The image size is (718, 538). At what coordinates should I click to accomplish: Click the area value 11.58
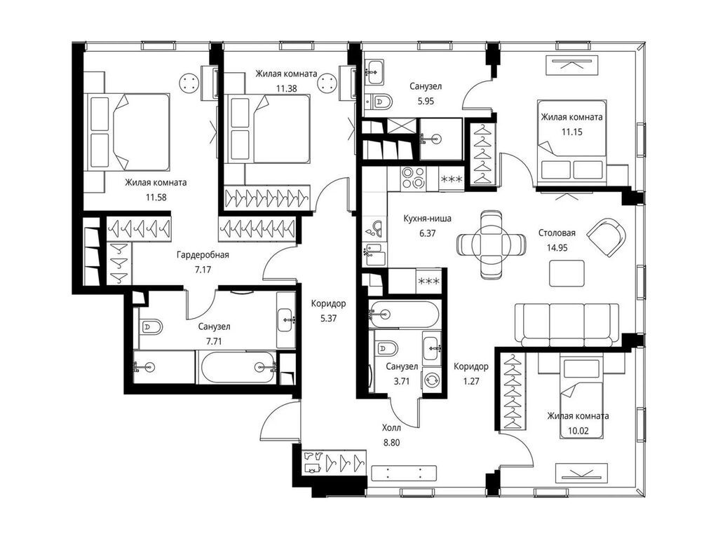pyautogui.click(x=156, y=198)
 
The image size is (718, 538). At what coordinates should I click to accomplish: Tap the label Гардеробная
pyautogui.click(x=203, y=255)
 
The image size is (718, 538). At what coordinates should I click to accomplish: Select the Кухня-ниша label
pyautogui.click(x=427, y=219)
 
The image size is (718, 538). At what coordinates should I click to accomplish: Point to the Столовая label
pyautogui.click(x=557, y=233)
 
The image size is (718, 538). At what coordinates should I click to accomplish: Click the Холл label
pyautogui.click(x=391, y=428)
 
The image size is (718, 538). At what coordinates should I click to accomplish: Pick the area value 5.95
pyautogui.click(x=426, y=101)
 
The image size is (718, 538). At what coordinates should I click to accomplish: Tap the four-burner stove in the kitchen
pyautogui.click(x=413, y=177)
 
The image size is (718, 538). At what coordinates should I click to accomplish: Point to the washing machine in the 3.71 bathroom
pyautogui.click(x=432, y=380)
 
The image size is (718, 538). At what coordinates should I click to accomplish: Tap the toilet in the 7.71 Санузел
pyautogui.click(x=151, y=327)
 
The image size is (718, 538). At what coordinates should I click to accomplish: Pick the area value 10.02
pyautogui.click(x=578, y=431)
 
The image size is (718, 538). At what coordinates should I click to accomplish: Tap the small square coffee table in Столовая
pyautogui.click(x=567, y=273)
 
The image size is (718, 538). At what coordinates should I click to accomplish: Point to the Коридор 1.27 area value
pyautogui.click(x=471, y=380)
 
